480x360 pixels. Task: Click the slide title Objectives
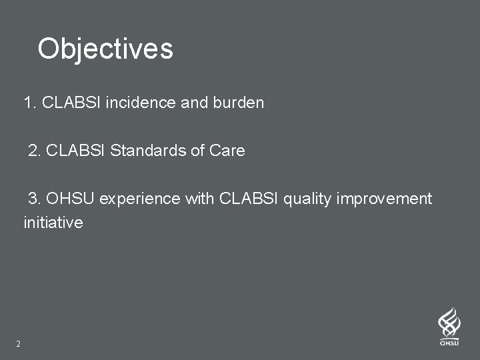point(105,49)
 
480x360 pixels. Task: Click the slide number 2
point(18,344)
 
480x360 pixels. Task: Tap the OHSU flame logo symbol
point(449,323)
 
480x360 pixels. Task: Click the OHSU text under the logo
point(449,343)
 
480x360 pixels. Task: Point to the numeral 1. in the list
point(30,103)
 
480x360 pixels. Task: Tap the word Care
point(227,151)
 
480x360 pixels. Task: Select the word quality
point(308,199)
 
